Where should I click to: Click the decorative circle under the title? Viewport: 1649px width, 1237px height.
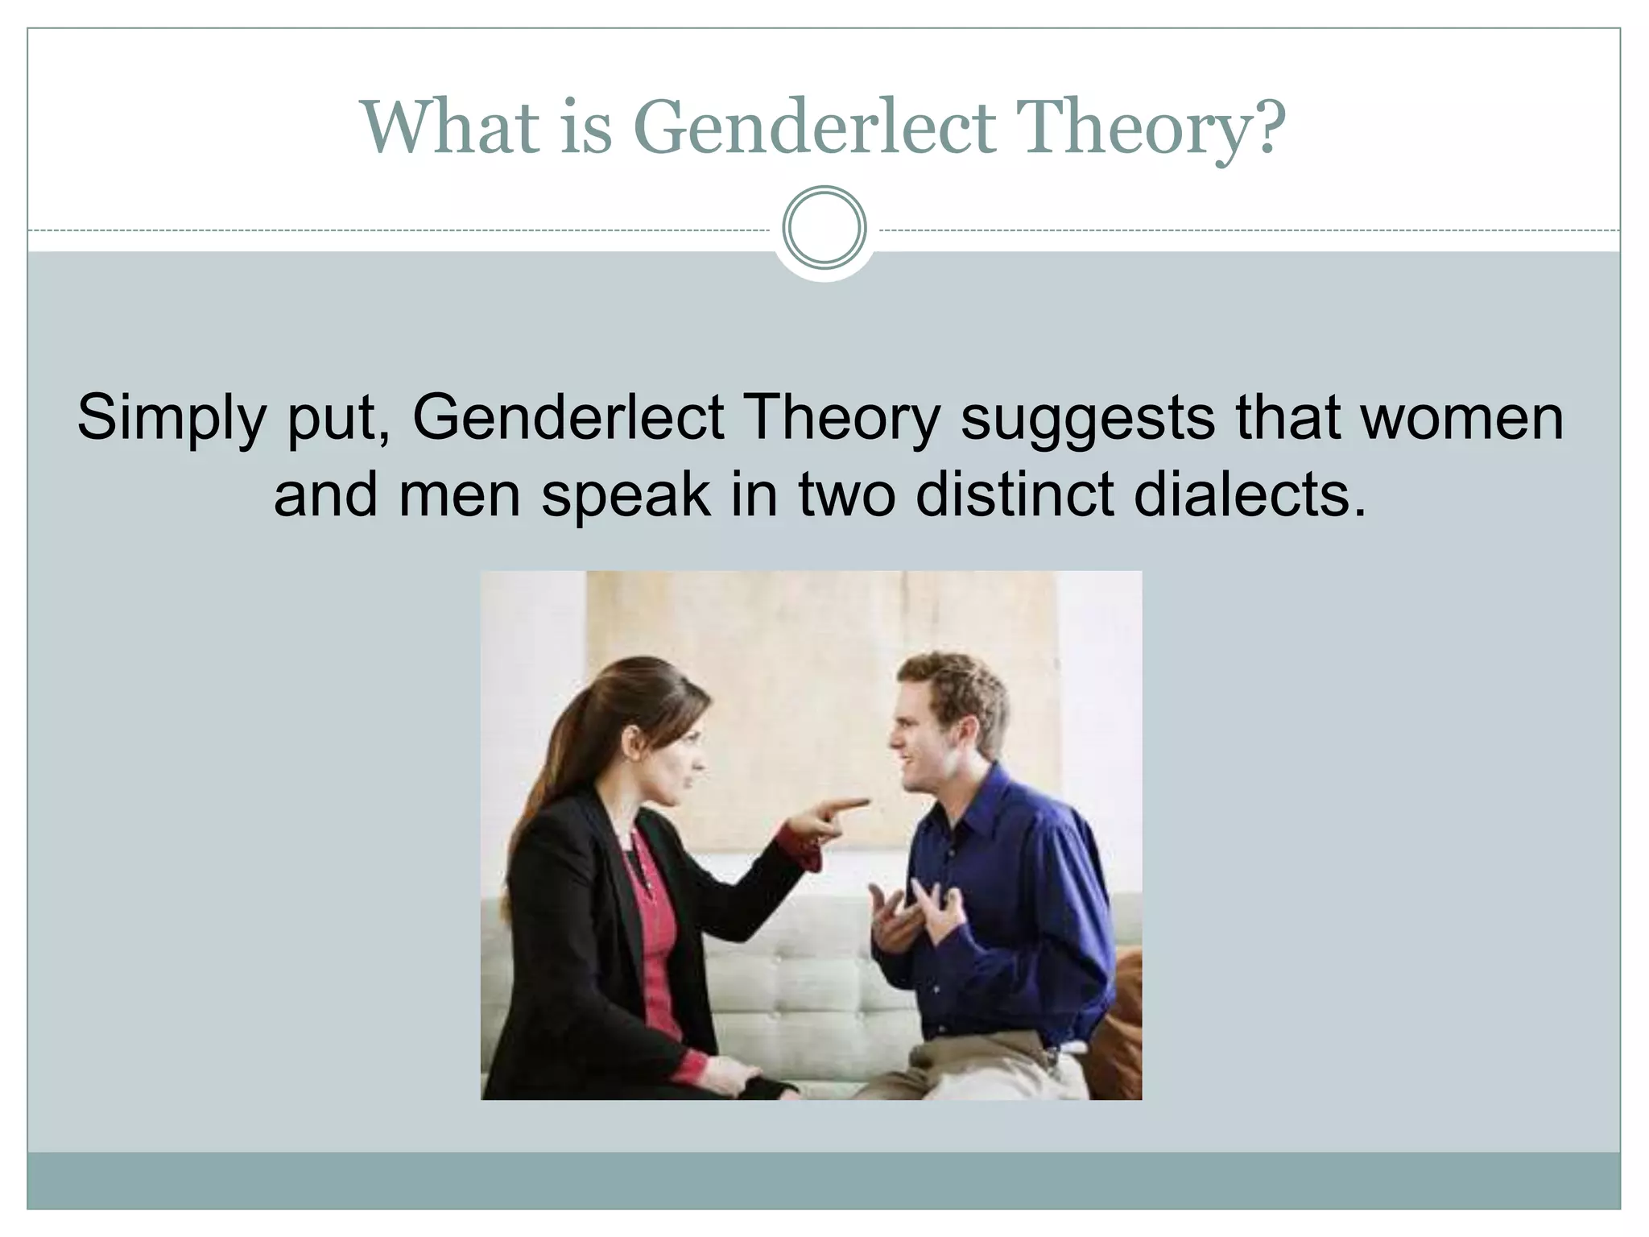pos(824,228)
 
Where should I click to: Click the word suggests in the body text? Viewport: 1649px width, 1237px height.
pos(1088,419)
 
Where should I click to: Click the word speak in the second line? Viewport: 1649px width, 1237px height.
pos(626,496)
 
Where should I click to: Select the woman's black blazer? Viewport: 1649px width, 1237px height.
pos(564,926)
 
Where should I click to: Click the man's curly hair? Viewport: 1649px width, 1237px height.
pos(954,681)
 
